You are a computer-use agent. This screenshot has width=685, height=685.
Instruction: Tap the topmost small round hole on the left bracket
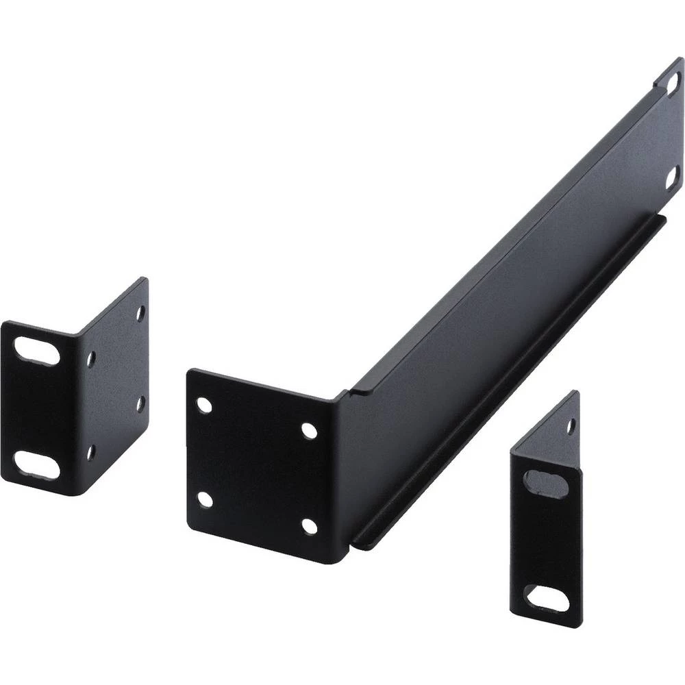[140, 313]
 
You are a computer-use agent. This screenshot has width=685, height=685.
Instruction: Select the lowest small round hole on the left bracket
[90, 451]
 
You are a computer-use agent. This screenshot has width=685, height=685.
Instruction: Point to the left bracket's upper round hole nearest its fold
[91, 358]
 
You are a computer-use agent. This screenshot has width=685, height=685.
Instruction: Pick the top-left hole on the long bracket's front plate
[204, 404]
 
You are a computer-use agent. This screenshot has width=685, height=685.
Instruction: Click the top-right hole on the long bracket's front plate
[309, 431]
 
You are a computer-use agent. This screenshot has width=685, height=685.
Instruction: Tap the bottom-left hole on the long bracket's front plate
[204, 499]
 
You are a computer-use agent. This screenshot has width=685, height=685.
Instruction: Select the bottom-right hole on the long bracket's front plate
[309, 526]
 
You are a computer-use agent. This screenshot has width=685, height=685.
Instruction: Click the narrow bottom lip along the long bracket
[507, 384]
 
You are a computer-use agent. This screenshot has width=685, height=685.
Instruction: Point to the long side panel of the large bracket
[507, 274]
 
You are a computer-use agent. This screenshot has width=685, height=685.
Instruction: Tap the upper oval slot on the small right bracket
[545, 484]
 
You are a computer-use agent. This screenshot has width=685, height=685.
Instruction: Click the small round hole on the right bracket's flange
[570, 426]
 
